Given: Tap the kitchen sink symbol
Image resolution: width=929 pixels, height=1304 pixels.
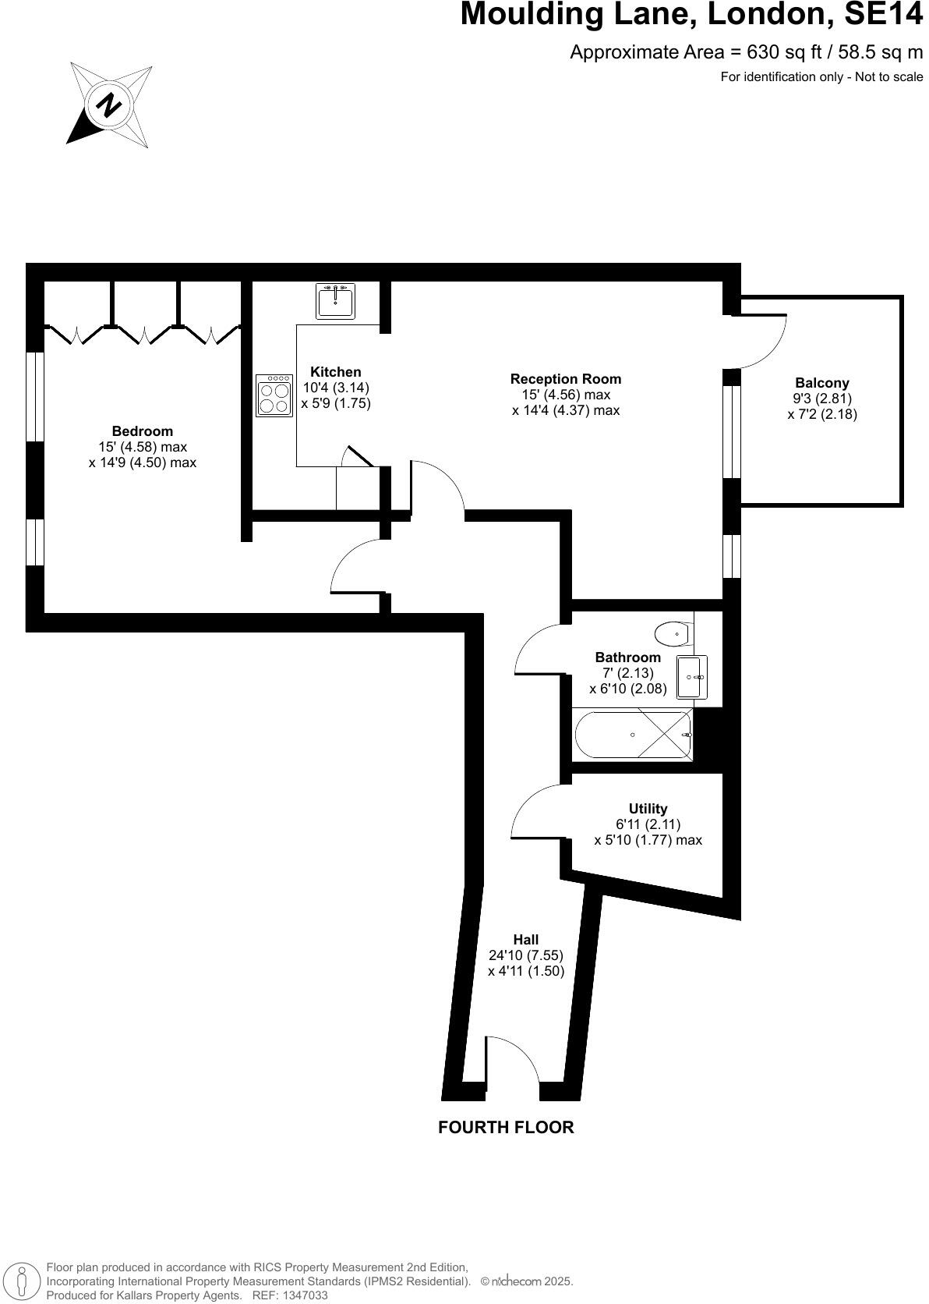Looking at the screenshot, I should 336,301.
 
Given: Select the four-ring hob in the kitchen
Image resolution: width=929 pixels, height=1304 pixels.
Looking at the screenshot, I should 274,396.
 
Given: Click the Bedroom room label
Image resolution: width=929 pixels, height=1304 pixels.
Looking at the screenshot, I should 142,431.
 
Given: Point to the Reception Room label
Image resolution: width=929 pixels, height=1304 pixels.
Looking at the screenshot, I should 566,379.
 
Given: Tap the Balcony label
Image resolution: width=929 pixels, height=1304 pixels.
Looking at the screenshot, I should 821,383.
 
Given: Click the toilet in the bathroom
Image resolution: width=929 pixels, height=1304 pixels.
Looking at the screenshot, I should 673,633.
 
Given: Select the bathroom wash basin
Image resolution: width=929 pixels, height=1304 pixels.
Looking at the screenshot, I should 691,677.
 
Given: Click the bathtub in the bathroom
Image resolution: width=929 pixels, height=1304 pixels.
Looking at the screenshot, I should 633,735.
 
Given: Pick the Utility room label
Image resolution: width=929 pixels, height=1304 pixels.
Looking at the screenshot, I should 648,809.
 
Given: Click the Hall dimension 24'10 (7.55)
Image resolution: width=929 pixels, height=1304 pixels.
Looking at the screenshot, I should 525,955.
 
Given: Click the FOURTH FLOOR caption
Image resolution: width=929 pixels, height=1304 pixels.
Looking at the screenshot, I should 506,1127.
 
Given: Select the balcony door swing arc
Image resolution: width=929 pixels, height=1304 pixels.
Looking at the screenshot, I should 768,343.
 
